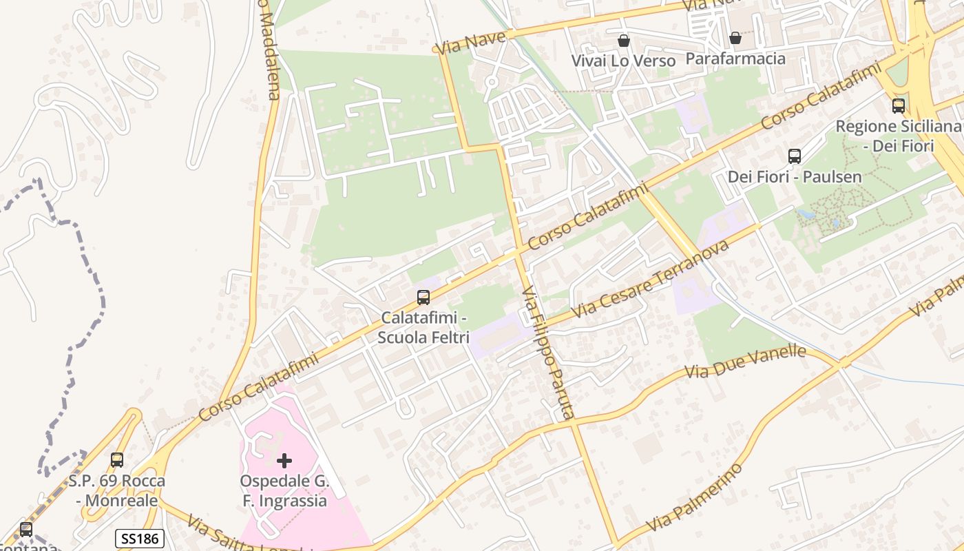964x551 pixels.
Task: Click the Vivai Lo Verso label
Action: [623, 61]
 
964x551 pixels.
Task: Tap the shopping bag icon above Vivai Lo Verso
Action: [624, 41]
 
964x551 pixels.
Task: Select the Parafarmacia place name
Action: [735, 59]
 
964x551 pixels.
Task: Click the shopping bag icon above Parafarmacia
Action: [735, 38]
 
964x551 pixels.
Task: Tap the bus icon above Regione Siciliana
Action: [899, 105]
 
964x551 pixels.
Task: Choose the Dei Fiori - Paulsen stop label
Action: [795, 177]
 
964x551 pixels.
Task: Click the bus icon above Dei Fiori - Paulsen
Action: [795, 156]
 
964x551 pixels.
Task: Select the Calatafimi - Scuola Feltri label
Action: [423, 329]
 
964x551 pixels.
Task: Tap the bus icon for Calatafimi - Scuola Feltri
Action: [423, 298]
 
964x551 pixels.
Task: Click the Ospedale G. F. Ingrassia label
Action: [284, 490]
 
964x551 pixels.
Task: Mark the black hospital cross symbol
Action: [284, 460]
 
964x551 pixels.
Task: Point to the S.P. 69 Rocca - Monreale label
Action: [117, 490]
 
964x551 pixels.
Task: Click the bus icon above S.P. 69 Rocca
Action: [117, 459]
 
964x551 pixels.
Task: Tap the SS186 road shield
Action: [139, 539]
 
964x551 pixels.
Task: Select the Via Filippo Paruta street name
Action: [547, 353]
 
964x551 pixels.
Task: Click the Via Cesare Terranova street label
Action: [649, 279]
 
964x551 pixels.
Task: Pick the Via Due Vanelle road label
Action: [745, 362]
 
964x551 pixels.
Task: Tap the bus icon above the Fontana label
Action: [26, 530]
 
